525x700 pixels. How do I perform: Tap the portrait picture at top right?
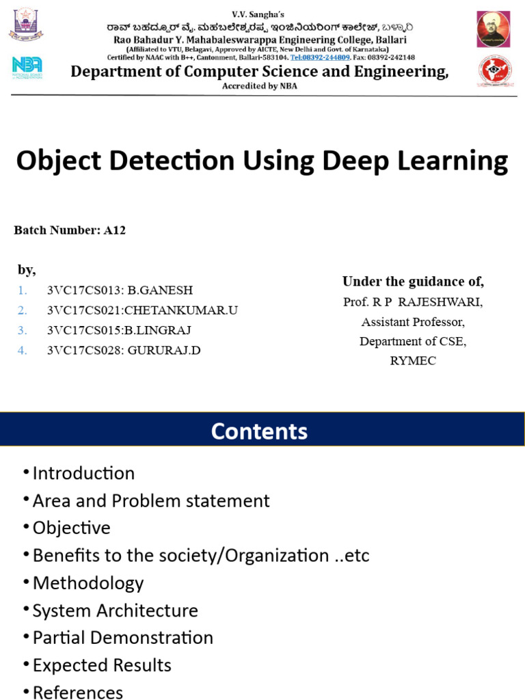(494, 29)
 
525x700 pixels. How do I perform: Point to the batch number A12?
(115, 230)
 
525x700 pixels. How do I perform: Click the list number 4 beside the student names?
(23, 351)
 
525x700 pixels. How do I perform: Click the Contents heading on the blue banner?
(259, 431)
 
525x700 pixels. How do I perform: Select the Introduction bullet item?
(83, 473)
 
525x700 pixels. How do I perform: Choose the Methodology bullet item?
(87, 583)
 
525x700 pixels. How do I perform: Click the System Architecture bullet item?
(115, 610)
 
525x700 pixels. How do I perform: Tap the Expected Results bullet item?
(102, 665)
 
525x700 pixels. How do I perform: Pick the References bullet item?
(78, 692)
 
